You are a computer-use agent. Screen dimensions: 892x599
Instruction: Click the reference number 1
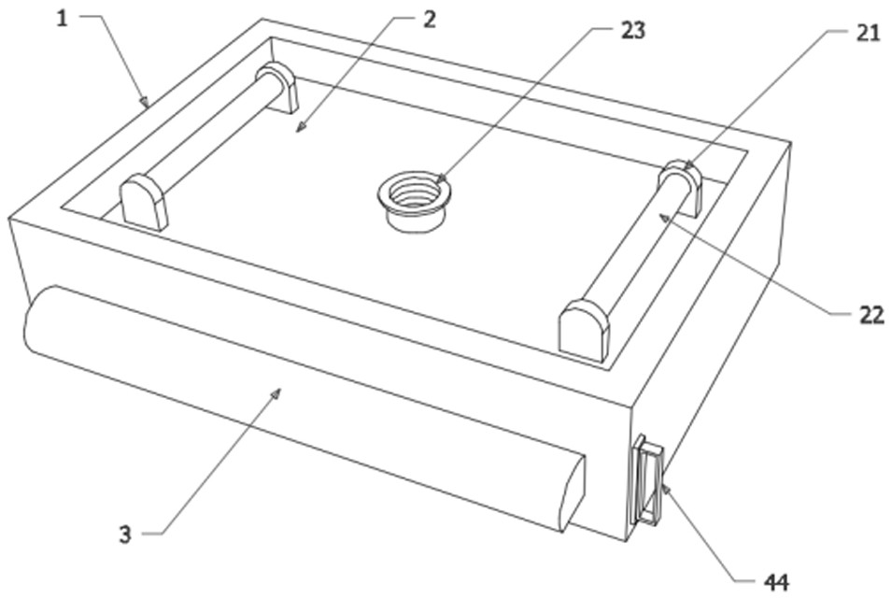pos(62,20)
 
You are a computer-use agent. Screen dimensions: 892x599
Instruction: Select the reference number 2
pos(429,20)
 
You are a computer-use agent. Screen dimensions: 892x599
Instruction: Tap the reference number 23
pos(632,30)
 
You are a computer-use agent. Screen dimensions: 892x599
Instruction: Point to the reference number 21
pos(868,34)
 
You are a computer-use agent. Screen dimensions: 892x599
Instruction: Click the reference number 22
pos(871,315)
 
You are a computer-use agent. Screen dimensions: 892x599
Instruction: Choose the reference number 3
pos(125,535)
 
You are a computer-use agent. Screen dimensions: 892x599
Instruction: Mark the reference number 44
pos(776,582)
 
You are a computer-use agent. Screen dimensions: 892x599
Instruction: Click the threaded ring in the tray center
pos(414,200)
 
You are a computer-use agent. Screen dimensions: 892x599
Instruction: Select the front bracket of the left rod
pos(145,202)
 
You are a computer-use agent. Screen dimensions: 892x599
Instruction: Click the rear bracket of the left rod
pos(277,87)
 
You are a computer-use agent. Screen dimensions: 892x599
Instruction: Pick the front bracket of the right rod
pos(585,330)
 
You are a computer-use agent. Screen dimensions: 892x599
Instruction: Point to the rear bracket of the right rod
pos(682,188)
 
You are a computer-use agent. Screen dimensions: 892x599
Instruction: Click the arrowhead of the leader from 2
pos(299,129)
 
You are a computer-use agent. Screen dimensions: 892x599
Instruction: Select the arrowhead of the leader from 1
pos(145,103)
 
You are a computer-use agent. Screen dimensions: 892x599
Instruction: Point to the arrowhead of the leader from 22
pos(663,217)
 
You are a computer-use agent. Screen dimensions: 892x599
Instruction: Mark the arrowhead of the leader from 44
pos(665,488)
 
